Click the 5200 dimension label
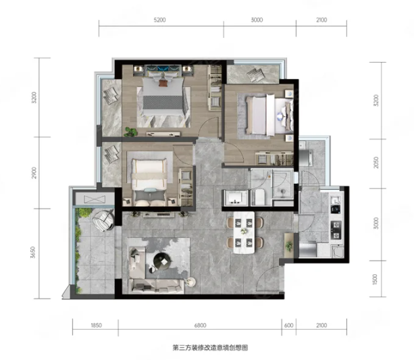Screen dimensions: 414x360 (x=160, y=20)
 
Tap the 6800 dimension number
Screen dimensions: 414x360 (x=200, y=326)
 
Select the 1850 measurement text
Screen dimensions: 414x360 (x=96, y=326)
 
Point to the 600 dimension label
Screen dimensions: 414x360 (x=289, y=326)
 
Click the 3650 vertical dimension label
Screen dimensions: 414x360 (x=32, y=252)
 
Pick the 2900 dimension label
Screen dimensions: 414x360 (x=34, y=173)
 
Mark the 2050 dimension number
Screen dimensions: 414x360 (x=376, y=162)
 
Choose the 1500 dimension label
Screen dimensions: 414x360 (x=375, y=280)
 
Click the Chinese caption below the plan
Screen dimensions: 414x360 (x=211, y=348)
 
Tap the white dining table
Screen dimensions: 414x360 (x=244, y=232)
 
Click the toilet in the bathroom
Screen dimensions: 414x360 (x=260, y=197)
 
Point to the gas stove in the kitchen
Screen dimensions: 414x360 (x=336, y=230)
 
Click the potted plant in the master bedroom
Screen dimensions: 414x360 (x=130, y=132)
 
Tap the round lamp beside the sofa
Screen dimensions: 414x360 (x=190, y=281)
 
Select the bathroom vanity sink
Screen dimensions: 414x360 (x=236, y=197)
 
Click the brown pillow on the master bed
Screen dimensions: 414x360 (x=162, y=83)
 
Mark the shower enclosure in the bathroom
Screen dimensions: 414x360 (x=283, y=184)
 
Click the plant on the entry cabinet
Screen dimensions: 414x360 (x=289, y=246)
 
